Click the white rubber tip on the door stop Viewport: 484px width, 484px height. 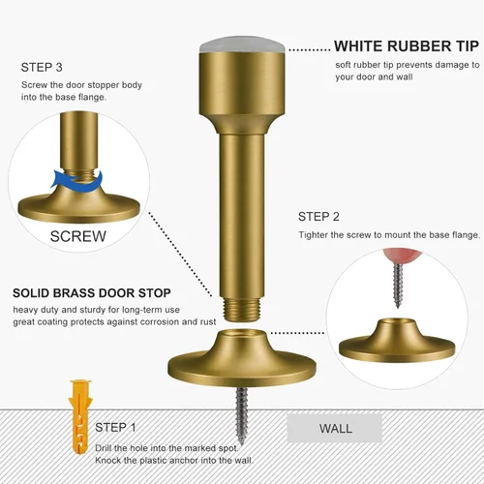pyautogui.click(x=241, y=45)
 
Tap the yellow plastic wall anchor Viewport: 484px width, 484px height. pyautogui.click(x=78, y=417)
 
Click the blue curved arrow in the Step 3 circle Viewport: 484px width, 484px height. pyautogui.click(x=78, y=180)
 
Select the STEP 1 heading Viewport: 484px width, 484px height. pyautogui.click(x=115, y=428)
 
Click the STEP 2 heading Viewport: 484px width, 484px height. pyautogui.click(x=318, y=217)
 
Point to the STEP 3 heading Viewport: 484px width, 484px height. pyautogui.click(x=42, y=68)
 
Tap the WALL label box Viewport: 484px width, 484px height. pyautogui.click(x=335, y=428)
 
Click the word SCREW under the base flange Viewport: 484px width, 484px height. pyautogui.click(x=78, y=236)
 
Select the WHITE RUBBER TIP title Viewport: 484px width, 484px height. pyautogui.click(x=407, y=46)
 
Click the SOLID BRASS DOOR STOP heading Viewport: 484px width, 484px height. pyautogui.click(x=92, y=293)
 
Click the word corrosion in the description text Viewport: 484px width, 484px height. pyautogui.click(x=166, y=322)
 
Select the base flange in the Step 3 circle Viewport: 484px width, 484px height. pyautogui.click(x=78, y=206)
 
